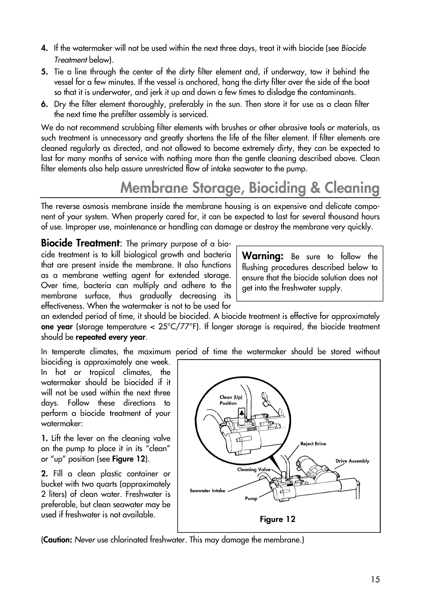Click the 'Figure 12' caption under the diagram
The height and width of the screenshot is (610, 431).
[277, 519]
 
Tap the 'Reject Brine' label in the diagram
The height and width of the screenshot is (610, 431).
[313, 443]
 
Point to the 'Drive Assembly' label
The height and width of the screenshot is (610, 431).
[352, 461]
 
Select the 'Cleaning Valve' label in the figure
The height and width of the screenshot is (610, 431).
[254, 470]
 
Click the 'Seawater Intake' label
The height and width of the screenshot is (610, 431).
[207, 490]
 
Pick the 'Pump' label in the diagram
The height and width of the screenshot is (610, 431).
[251, 498]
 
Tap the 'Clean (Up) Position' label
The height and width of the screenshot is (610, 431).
[231, 400]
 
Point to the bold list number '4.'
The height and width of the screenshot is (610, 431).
[44, 48]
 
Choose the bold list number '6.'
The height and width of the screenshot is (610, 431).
[44, 104]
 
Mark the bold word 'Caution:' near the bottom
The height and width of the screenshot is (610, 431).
[57, 540]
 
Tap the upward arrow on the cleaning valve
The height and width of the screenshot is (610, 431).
[241, 413]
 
